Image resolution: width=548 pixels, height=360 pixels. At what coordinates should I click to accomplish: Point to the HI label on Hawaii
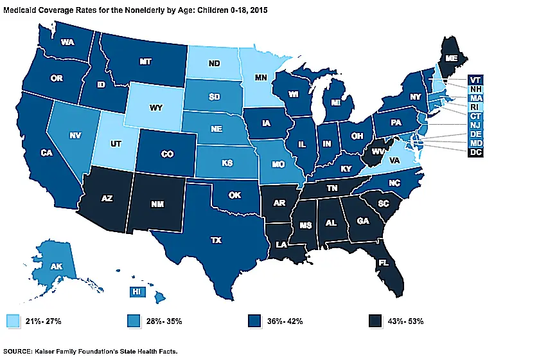click(136, 290)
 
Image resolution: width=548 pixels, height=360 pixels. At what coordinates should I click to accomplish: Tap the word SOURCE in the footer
click(17, 353)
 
